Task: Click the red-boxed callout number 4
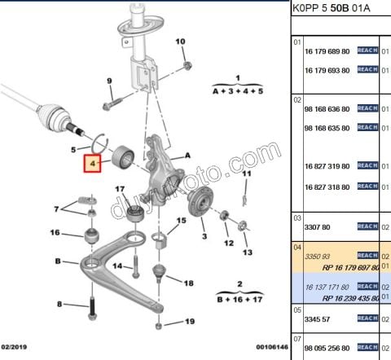click(93, 164)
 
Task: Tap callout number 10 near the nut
click(181, 41)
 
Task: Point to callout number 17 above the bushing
click(119, 190)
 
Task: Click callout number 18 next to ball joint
click(189, 283)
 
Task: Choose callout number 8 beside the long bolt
click(59, 304)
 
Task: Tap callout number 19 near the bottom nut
click(190, 322)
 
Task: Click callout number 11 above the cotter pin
click(246, 173)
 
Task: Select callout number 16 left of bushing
click(55, 234)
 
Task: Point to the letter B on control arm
click(58, 261)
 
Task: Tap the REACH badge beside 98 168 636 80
click(367, 108)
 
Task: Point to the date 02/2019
click(16, 347)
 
